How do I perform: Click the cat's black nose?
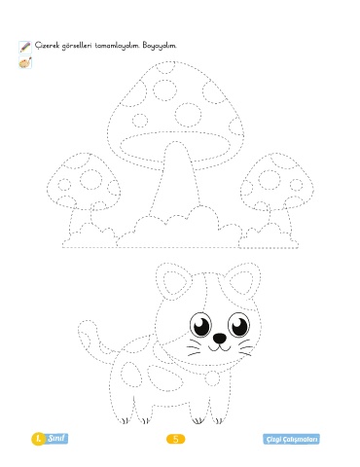(x=220, y=339)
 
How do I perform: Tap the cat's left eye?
(x=200, y=325)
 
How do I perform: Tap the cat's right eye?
(x=239, y=325)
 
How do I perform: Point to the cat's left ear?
(x=172, y=281)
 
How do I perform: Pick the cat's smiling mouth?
(x=219, y=348)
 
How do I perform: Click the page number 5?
(x=176, y=439)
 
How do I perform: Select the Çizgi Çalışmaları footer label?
(x=291, y=439)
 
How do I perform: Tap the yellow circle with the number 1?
(x=39, y=439)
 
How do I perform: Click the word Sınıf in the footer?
(x=56, y=439)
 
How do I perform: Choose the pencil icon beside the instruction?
(x=25, y=47)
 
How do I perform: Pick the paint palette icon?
(x=25, y=62)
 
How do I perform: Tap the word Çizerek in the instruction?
(x=47, y=45)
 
